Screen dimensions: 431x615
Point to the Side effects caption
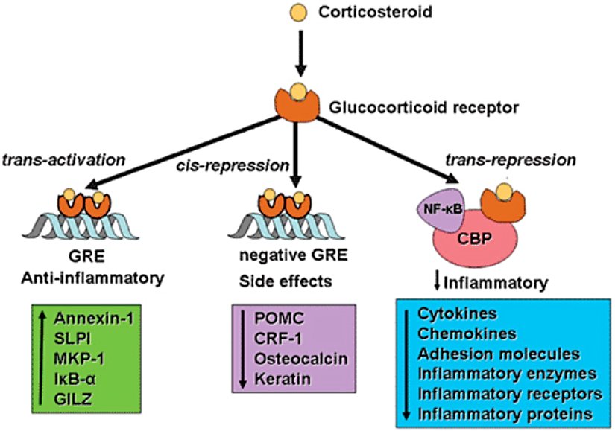[284, 283]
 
